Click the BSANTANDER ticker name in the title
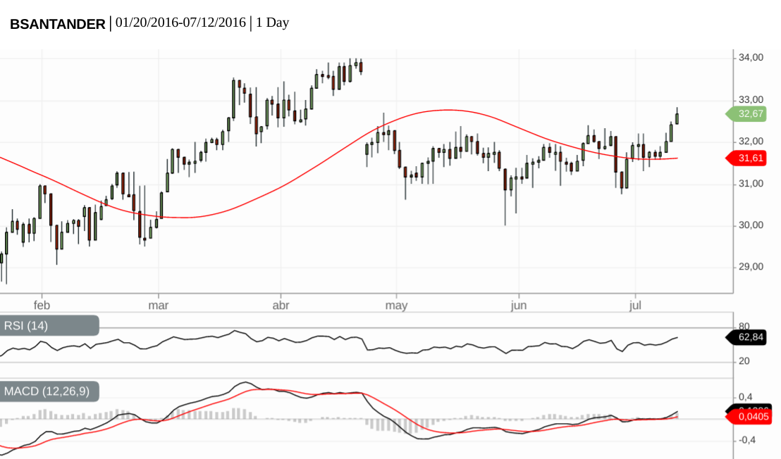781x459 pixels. point(57,23)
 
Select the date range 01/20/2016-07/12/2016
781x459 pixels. point(180,23)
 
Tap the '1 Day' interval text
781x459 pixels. point(272,23)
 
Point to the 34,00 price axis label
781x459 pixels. point(751,58)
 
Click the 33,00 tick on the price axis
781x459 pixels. point(751,100)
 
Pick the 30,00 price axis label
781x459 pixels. point(751,225)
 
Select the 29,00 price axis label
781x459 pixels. point(751,267)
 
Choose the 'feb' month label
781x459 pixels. point(42,306)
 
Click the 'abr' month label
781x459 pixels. point(281,306)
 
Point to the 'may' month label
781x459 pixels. point(397,306)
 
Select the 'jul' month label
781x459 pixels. point(635,306)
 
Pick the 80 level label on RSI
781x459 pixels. point(744,327)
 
